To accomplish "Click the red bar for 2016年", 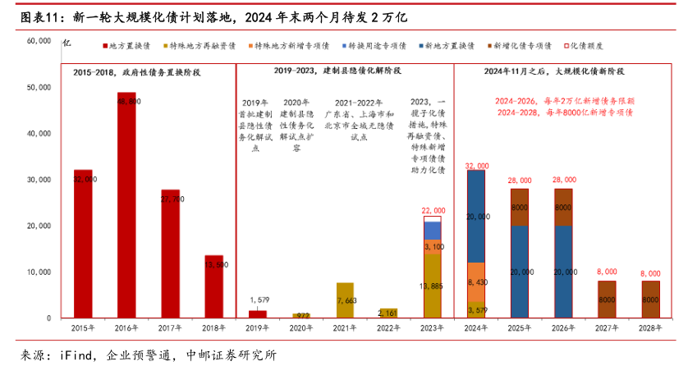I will point(126,205).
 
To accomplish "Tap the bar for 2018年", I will point(213,286).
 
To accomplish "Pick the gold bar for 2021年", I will point(345,300).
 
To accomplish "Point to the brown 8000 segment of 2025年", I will point(519,208).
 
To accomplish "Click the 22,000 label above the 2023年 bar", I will point(432,211).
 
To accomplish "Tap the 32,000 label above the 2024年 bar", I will point(475,165).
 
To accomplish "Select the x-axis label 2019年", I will point(257,327).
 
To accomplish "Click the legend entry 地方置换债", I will point(130,47).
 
